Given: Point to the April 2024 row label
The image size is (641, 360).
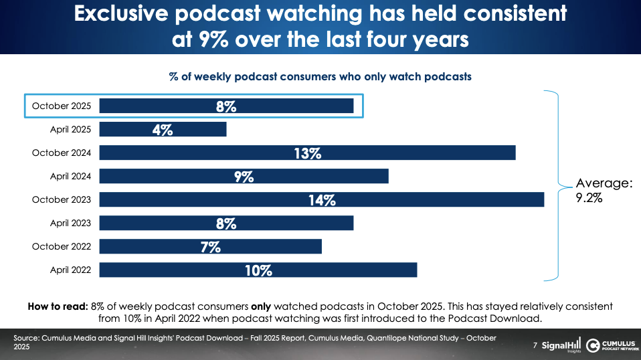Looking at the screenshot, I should (x=71, y=176).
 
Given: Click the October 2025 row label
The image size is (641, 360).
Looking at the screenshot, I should (x=62, y=106).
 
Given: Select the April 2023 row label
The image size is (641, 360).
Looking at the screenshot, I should (x=71, y=223).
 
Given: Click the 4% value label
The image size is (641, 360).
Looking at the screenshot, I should (x=163, y=130).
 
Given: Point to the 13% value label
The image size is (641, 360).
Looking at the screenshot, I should (x=307, y=153).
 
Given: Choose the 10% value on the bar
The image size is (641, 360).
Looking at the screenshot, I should (x=258, y=270).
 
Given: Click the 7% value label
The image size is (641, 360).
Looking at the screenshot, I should (x=210, y=247).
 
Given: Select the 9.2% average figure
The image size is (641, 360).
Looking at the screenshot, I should (x=589, y=198).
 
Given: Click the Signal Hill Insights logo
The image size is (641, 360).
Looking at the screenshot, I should (x=561, y=345).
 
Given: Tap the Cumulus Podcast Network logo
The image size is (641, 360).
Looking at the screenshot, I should (x=610, y=345).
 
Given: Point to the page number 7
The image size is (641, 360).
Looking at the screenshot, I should (x=535, y=346).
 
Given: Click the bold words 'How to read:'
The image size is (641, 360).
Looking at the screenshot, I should (x=56, y=306).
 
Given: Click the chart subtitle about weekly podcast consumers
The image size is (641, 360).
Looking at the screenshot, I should (x=320, y=76).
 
